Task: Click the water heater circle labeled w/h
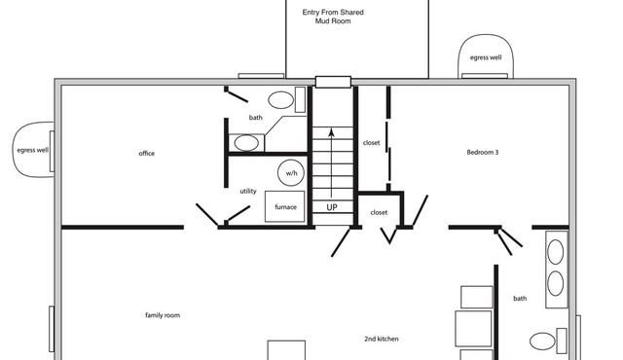click(291, 172)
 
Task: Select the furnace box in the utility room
click(285, 206)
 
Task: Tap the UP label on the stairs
click(332, 207)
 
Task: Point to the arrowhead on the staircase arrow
click(331, 131)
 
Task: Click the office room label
click(147, 153)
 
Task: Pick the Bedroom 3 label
click(483, 152)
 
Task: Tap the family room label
click(163, 315)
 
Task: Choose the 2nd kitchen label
click(382, 339)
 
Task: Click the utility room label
click(248, 191)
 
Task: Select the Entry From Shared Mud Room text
click(333, 17)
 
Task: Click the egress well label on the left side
click(32, 150)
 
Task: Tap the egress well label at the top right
click(486, 57)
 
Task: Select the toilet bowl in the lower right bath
click(542, 342)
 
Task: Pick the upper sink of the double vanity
click(556, 252)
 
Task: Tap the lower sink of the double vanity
click(556, 283)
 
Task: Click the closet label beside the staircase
click(371, 142)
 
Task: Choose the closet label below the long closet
click(379, 212)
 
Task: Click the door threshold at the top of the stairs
click(333, 82)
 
